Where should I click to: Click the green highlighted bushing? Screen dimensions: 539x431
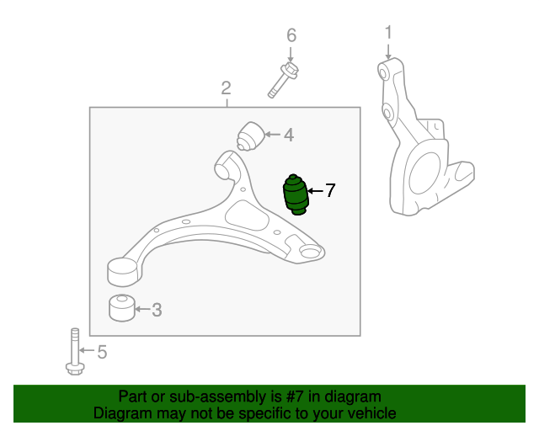coord(296,194)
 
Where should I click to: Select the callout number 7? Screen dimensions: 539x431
coord(330,190)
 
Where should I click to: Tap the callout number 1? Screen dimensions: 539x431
coord(388,32)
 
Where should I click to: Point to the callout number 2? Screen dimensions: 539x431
coord(226,88)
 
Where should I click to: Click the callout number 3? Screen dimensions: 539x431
coord(157,310)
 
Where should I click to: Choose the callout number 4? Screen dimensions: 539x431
coord(289,135)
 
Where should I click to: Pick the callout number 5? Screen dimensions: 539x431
coord(102,352)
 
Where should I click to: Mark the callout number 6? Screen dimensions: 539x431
coord(291,35)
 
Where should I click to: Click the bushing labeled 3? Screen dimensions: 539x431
coord(121,308)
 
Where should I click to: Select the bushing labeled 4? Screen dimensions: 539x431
coord(250,136)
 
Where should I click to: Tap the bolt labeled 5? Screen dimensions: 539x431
coord(75,352)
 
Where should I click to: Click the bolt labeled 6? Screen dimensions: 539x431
coord(283,80)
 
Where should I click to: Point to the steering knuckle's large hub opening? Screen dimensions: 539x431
coord(424,174)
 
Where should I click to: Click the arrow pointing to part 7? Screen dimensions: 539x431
coord(315,191)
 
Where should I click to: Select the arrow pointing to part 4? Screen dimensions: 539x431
coord(273,135)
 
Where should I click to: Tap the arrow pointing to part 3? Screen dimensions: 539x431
coord(142,309)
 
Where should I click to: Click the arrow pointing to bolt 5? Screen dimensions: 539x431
coord(87,350)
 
